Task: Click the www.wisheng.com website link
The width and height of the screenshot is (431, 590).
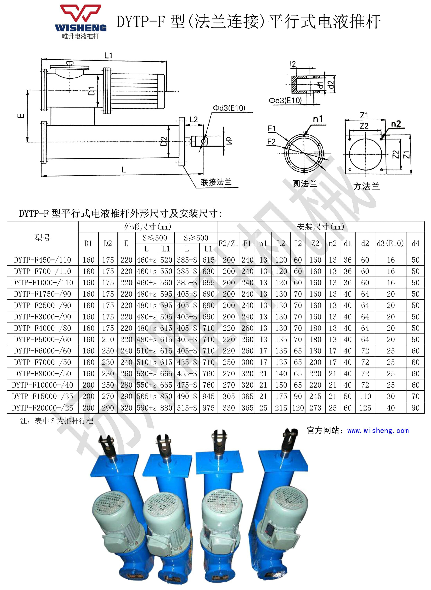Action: point(378,430)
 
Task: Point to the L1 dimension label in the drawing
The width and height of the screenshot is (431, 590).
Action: point(108,55)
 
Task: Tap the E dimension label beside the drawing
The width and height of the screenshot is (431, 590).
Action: point(21,116)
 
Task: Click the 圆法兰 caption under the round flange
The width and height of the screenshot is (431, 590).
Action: point(304,184)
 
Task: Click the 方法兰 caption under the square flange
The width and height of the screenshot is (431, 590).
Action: point(366,186)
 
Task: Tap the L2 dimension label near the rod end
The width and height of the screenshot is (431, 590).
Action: point(193,120)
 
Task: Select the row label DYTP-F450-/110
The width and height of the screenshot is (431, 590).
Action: point(42,260)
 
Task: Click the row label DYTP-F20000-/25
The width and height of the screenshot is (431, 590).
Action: point(42,408)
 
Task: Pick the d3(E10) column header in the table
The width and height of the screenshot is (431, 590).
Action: point(390,243)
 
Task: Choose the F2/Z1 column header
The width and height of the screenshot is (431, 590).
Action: point(229,243)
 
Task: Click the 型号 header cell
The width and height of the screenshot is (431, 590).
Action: point(42,237)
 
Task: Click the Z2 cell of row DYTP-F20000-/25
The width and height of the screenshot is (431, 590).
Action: point(315,408)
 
